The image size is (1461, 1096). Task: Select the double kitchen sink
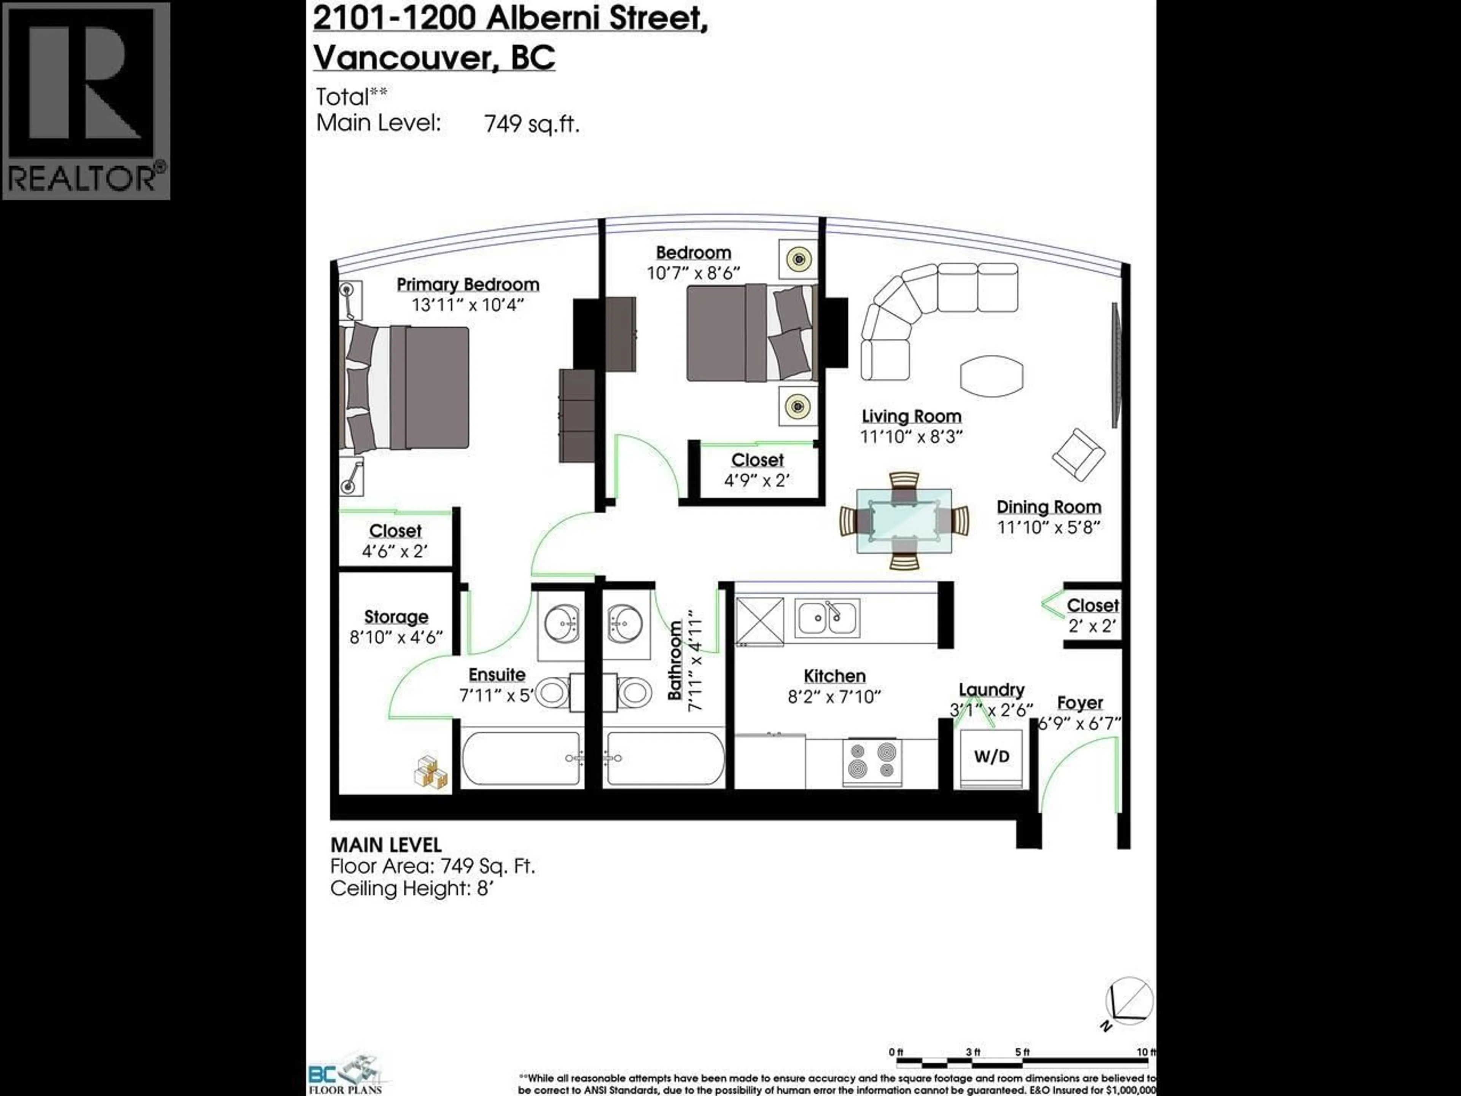[x=827, y=618]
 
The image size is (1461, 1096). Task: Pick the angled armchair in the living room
[x=1078, y=454]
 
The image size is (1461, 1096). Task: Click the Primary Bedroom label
[x=468, y=285]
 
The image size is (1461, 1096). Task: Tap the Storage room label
[x=396, y=616]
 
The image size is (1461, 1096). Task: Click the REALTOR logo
[x=86, y=100]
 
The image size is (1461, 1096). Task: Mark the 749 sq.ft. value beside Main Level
[x=532, y=124]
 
